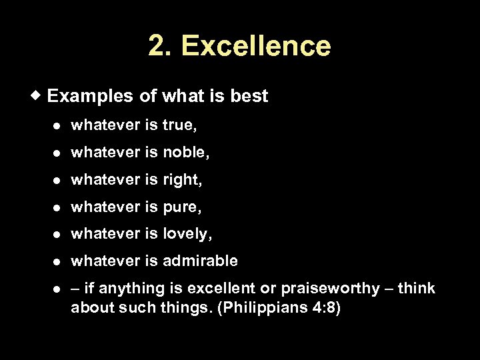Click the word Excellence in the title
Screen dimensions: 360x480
click(x=255, y=46)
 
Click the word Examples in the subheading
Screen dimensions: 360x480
click(x=90, y=96)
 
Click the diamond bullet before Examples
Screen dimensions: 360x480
click(x=39, y=95)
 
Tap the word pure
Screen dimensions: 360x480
click(x=181, y=207)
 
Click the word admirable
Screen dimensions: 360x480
click(x=200, y=261)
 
